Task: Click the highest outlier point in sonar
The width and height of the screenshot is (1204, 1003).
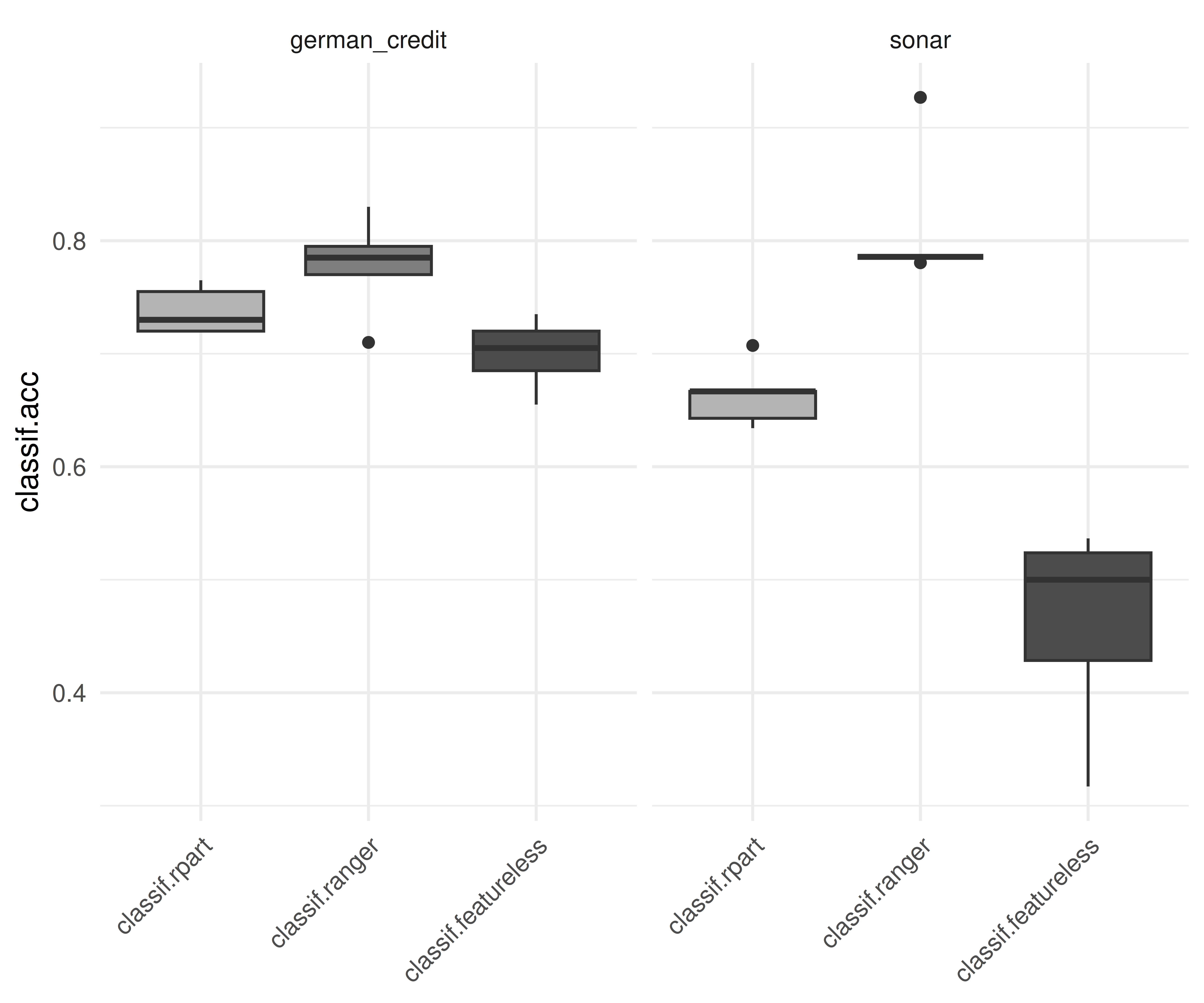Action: [x=920, y=97]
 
